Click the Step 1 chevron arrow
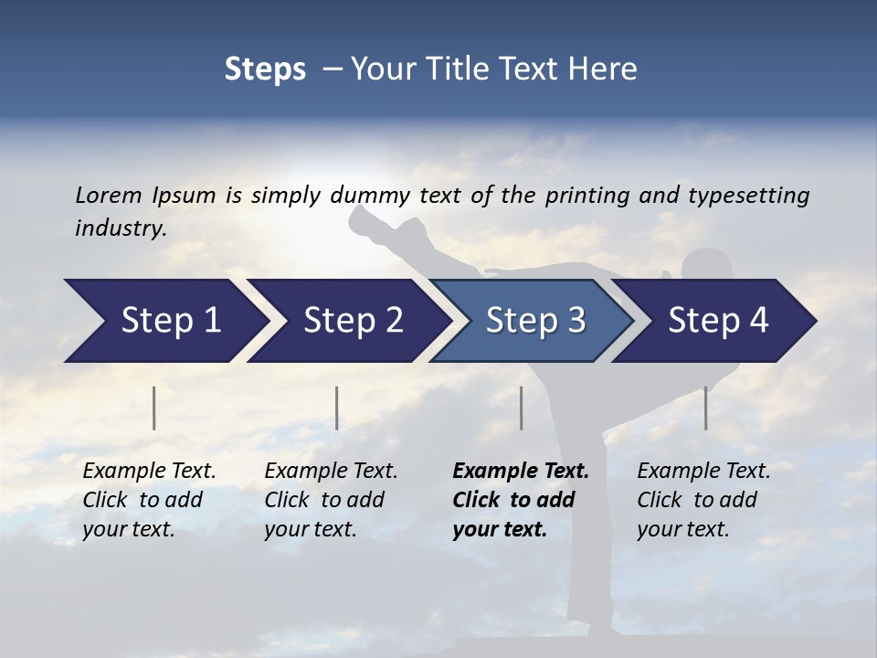[x=164, y=321]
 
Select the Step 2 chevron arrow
[x=347, y=321]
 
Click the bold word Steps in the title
[x=265, y=69]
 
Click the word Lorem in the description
[x=108, y=195]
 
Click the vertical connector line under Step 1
[x=154, y=408]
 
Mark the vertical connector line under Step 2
[x=337, y=408]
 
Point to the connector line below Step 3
[x=522, y=408]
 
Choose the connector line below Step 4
[x=705, y=408]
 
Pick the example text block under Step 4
[x=703, y=500]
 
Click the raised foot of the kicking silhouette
[x=365, y=218]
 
